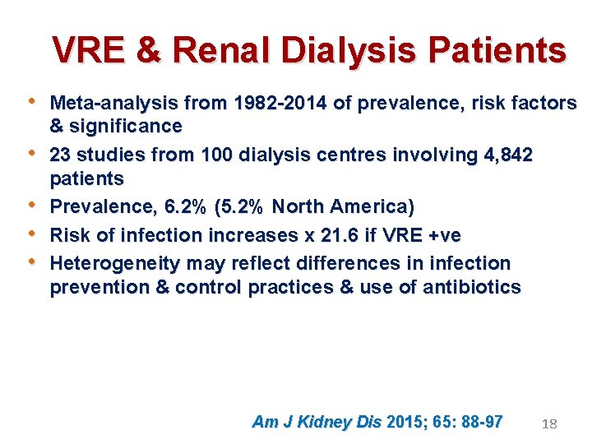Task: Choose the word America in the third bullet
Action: tap(371, 206)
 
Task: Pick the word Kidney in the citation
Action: tap(324, 422)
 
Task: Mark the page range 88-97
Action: tap(481, 422)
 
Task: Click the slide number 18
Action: tap(550, 424)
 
